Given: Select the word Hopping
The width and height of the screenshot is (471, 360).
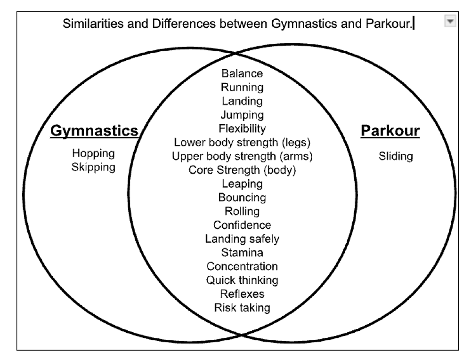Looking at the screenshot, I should [93, 153].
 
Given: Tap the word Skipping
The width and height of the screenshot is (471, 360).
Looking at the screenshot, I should [93, 167].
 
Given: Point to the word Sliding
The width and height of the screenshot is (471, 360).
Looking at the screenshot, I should [396, 157].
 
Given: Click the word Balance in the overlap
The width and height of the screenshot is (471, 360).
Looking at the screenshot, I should [242, 73].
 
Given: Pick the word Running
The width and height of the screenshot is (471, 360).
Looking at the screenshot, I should [242, 87].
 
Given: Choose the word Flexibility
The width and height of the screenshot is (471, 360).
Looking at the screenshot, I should [242, 128].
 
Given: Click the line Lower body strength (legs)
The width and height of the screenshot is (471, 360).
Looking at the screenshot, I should [242, 142].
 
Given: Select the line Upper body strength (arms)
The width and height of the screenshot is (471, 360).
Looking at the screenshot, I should [242, 156].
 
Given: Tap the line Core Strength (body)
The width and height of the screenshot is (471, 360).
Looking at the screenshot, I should [242, 170].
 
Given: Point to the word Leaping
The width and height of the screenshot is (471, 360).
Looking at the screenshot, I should [242, 184].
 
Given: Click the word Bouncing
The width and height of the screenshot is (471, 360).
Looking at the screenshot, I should [242, 197].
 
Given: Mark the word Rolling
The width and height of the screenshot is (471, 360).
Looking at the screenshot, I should [242, 211].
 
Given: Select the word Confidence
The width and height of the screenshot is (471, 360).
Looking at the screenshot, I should [242, 225].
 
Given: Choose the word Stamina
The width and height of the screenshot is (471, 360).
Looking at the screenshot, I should [242, 253].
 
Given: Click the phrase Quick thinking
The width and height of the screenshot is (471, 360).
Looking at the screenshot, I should [242, 280].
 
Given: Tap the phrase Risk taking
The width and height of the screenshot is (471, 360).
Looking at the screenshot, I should [242, 308].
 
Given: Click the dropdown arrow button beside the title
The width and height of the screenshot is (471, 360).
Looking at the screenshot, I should [450, 22].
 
